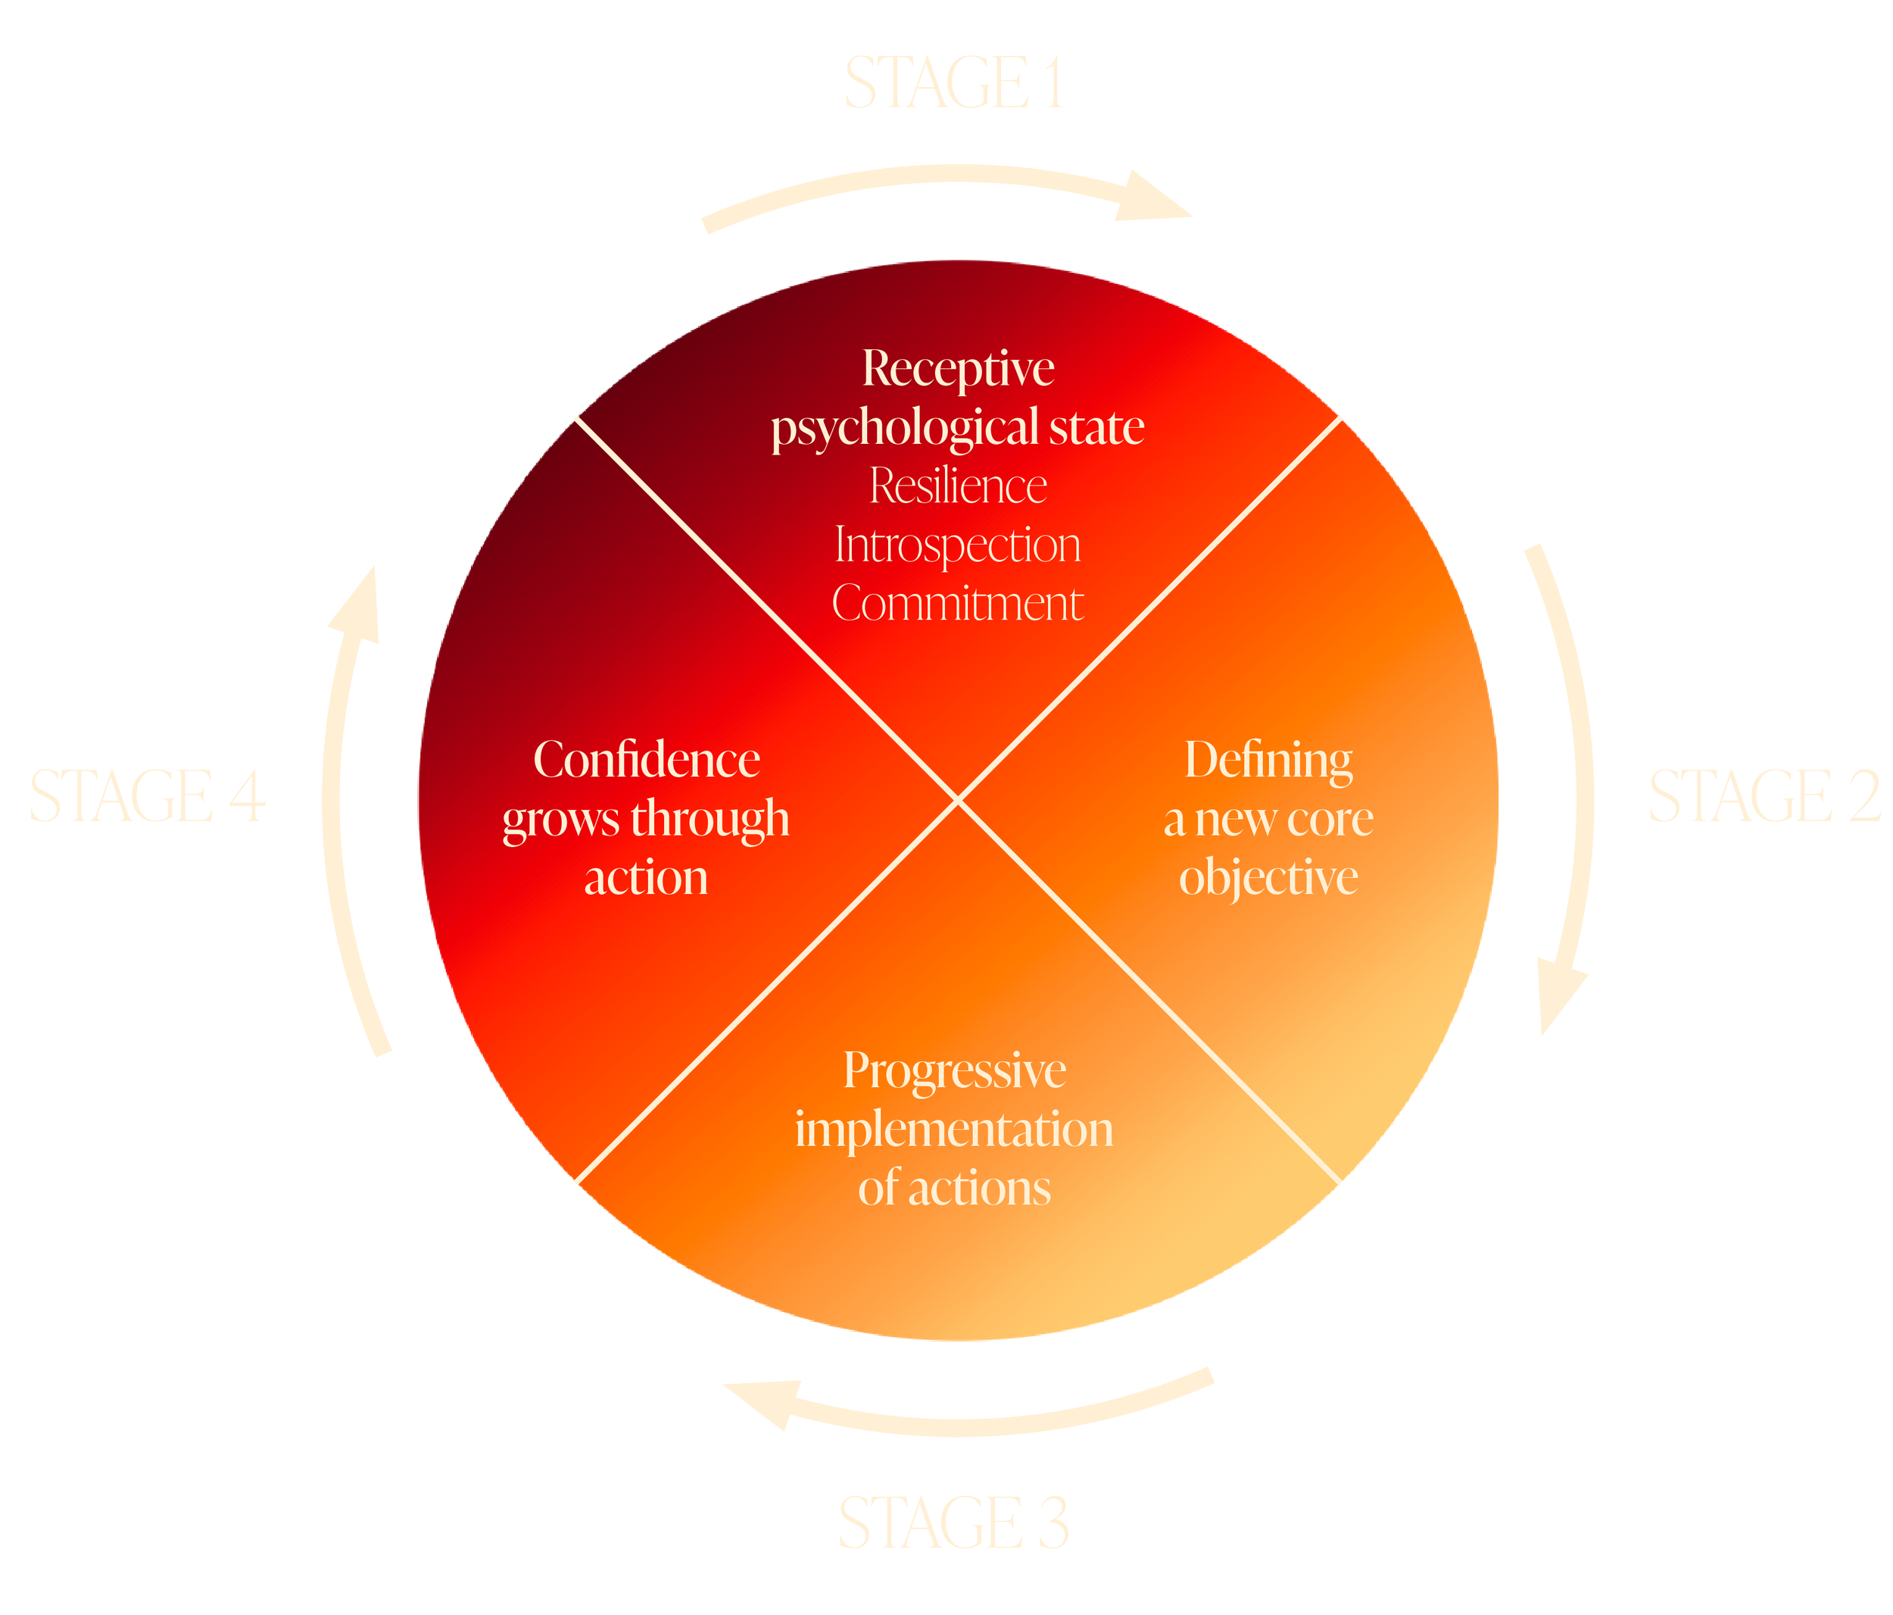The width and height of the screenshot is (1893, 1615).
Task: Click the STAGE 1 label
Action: click(954, 84)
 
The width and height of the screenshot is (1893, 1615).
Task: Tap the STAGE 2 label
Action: click(1764, 797)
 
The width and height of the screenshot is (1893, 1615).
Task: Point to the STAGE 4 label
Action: click(148, 796)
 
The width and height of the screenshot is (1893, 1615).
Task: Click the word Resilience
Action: click(957, 486)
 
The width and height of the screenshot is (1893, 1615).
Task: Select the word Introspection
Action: click(957, 545)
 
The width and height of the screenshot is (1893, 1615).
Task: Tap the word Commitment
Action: click(957, 603)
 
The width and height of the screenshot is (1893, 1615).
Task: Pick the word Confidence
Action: click(646, 760)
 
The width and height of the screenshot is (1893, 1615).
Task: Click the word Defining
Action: click(1268, 761)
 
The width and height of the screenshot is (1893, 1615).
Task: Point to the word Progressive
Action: click(954, 1070)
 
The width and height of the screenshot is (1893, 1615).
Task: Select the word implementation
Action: click(954, 1129)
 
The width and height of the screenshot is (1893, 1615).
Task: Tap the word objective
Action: click(1268, 877)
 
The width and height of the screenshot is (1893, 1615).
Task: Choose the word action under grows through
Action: click(646, 877)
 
